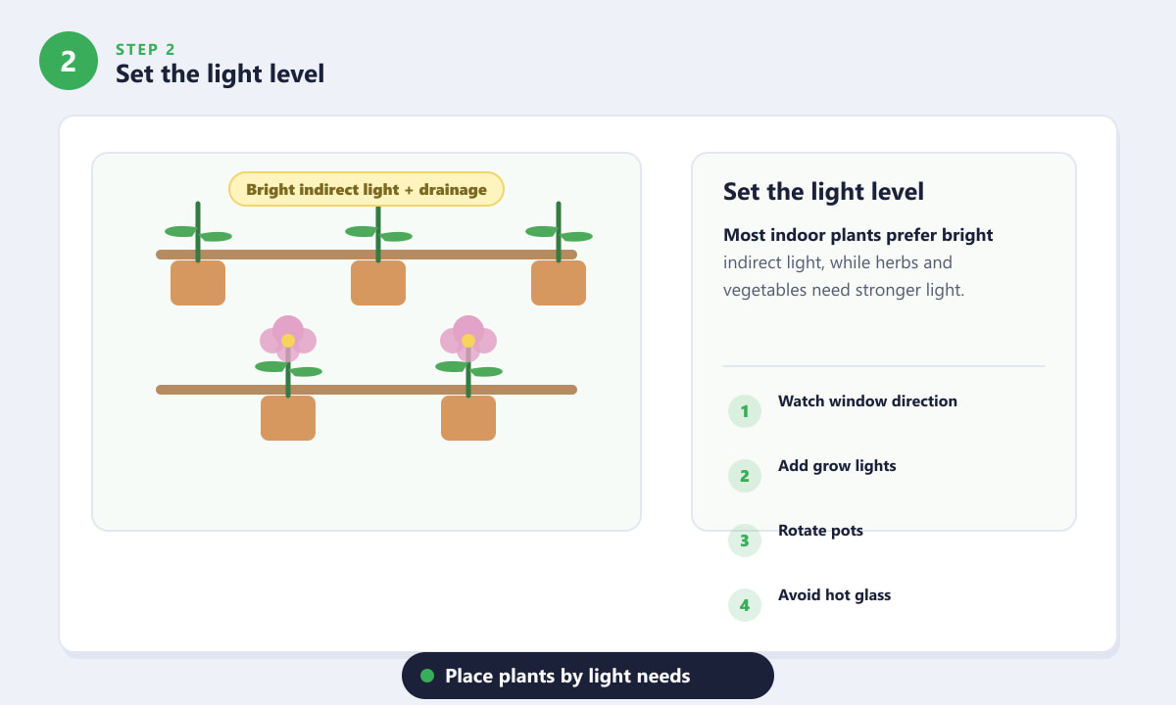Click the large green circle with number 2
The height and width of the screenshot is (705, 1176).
pyautogui.click(x=69, y=61)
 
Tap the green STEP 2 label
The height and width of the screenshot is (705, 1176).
pyautogui.click(x=145, y=49)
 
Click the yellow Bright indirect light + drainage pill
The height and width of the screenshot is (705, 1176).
pyautogui.click(x=367, y=189)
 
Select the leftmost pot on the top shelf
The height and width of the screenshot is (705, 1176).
pyautogui.click(x=198, y=283)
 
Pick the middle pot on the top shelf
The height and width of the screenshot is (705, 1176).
pyautogui.click(x=378, y=283)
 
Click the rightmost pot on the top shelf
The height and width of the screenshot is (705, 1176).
pyautogui.click(x=559, y=283)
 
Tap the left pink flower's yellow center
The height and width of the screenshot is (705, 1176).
pyautogui.click(x=288, y=341)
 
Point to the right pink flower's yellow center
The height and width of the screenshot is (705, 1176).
pyautogui.click(x=468, y=341)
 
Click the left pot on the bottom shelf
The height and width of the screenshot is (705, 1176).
pyautogui.click(x=288, y=418)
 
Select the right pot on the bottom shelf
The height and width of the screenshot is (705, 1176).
pyautogui.click(x=468, y=418)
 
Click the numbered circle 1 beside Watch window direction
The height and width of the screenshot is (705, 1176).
pyautogui.click(x=745, y=411)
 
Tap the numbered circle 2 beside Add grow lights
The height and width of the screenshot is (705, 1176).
pyautogui.click(x=745, y=476)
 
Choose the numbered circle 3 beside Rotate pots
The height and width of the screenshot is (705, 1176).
pyautogui.click(x=745, y=540)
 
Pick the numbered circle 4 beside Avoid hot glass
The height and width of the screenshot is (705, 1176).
pyautogui.click(x=745, y=605)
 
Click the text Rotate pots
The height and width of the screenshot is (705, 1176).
pyautogui.click(x=820, y=531)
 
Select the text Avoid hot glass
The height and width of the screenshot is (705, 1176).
pyautogui.click(x=835, y=595)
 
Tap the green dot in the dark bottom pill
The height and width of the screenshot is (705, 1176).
pyautogui.click(x=427, y=676)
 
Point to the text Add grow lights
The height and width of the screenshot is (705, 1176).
pyautogui.click(x=837, y=466)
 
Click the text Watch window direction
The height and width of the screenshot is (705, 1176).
pyautogui.click(x=867, y=401)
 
